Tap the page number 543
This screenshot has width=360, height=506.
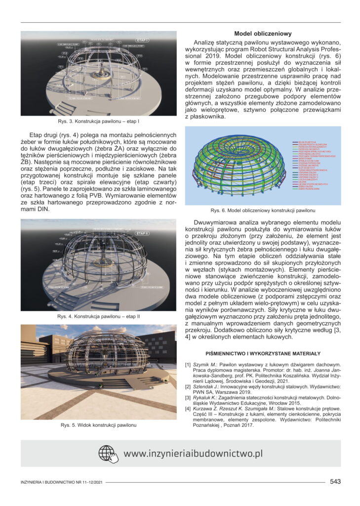click(x=335, y=481)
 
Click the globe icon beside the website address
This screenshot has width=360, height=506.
click(x=108, y=454)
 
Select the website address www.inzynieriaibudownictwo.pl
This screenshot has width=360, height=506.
click(x=193, y=454)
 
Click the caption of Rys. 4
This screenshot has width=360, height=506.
click(x=98, y=316)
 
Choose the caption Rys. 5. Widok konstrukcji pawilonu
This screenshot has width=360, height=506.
click(x=98, y=425)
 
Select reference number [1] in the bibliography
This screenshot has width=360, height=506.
click(x=188, y=365)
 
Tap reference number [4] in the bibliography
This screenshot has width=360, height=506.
click(x=188, y=409)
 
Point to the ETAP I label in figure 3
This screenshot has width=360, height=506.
click(x=156, y=38)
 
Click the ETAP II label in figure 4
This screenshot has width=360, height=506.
click(x=142, y=232)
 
